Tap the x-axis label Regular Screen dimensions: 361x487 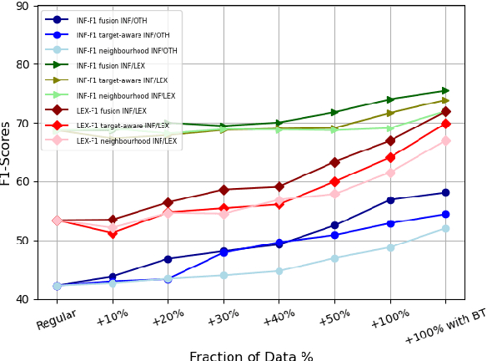tap(57, 319)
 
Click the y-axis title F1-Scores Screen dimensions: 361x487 tap(8, 153)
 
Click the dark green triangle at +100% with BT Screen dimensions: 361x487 tap(445, 91)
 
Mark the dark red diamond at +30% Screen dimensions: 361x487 tap(223, 190)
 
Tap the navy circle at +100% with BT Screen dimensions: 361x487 tap(445, 193)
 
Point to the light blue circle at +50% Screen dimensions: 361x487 tap(334, 258)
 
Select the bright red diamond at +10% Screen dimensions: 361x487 tap(113, 233)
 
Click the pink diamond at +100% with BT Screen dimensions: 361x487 tap(445, 140)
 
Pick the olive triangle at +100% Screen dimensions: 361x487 tap(390, 114)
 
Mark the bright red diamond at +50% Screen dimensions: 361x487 tap(334, 181)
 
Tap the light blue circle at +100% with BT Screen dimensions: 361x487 tap(445, 228)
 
